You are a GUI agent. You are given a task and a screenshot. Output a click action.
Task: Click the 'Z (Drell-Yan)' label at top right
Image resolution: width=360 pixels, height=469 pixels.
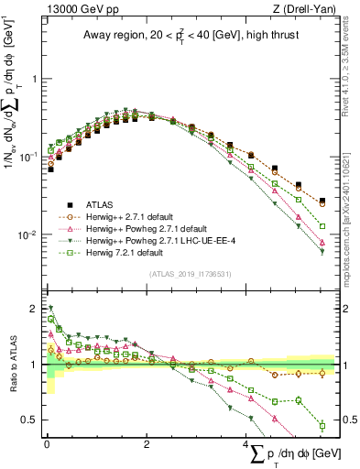[304, 9]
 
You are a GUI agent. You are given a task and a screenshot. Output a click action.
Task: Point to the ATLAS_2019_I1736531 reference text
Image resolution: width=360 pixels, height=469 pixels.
[189, 274]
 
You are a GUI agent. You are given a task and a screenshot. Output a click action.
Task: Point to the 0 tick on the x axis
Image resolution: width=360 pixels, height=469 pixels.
[47, 444]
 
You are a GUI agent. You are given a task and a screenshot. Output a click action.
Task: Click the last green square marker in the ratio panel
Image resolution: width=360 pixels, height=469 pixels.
[322, 425]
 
